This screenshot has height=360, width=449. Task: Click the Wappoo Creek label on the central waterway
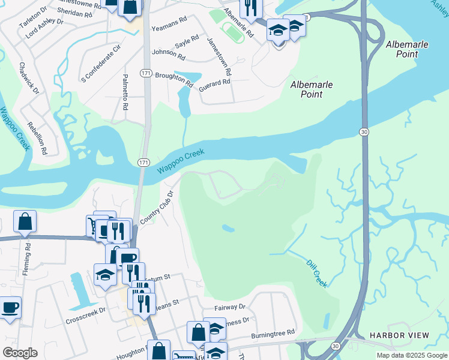pyautogui.click(x=181, y=161)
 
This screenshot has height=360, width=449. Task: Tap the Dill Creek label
pyautogui.click(x=316, y=274)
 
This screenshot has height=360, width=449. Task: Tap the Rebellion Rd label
pyautogui.click(x=37, y=138)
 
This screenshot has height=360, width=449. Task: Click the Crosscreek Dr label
pyautogui.click(x=85, y=311)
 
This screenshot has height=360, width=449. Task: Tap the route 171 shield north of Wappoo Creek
pyautogui.click(x=146, y=73)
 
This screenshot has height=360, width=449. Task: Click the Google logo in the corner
pyautogui.click(x=20, y=353)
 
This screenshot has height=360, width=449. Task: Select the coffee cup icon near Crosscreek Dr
pyautogui.click(x=10, y=308)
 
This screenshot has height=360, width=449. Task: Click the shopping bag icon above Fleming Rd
pyautogui.click(x=25, y=221)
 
